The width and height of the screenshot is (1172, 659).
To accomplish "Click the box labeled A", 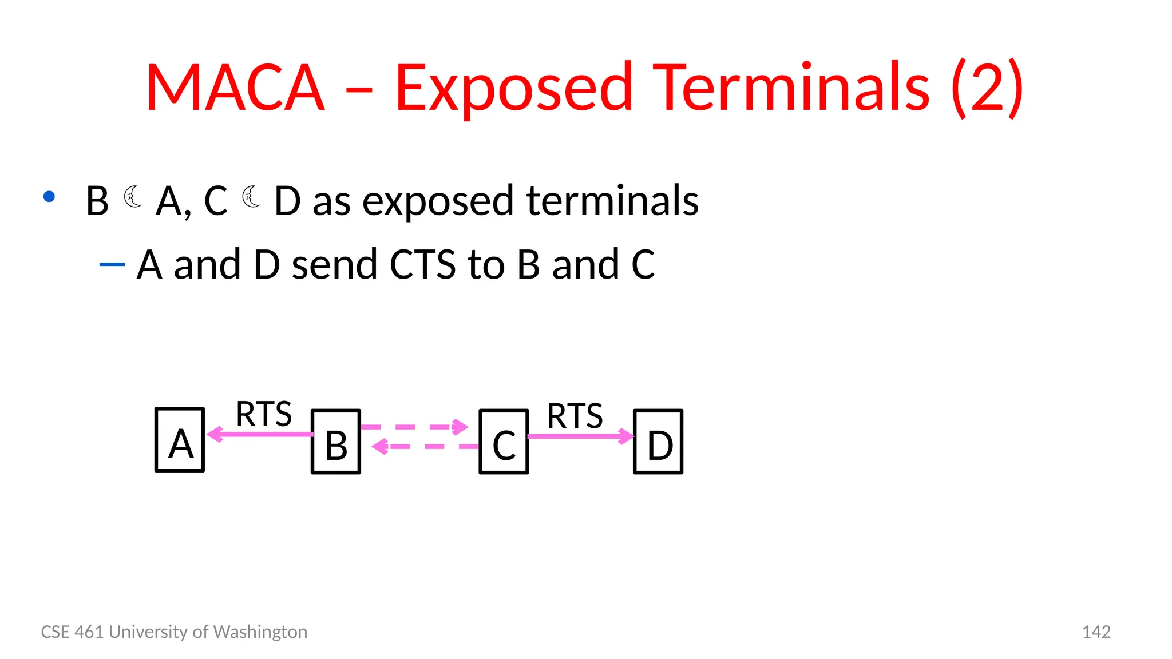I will pos(180,439).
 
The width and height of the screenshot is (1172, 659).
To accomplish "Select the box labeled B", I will pos(336,442).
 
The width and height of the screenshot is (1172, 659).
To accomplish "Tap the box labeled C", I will pos(504,442).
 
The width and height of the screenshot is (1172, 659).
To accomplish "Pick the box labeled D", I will pos(658,442).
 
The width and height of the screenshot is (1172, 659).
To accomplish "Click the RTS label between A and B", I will pos(264,414).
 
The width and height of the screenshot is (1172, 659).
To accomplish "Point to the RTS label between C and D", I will pos(575,416).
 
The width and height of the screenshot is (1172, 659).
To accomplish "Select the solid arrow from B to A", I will pos(260,434).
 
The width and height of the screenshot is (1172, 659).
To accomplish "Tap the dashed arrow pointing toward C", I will pos(414,427).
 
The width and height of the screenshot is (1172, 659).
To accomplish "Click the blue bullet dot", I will pos(49,197).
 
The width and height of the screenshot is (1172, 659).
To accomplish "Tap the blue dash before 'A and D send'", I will pos(112,264).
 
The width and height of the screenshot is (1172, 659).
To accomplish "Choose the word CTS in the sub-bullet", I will pos(422,264).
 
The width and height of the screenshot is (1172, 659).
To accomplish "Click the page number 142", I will pos(1096,632).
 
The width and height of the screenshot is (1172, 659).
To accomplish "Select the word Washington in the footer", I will pos(260,632).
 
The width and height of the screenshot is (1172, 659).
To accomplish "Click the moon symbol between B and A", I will pos(133,197).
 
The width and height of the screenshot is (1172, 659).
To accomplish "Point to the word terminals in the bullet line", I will pos(612,201).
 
